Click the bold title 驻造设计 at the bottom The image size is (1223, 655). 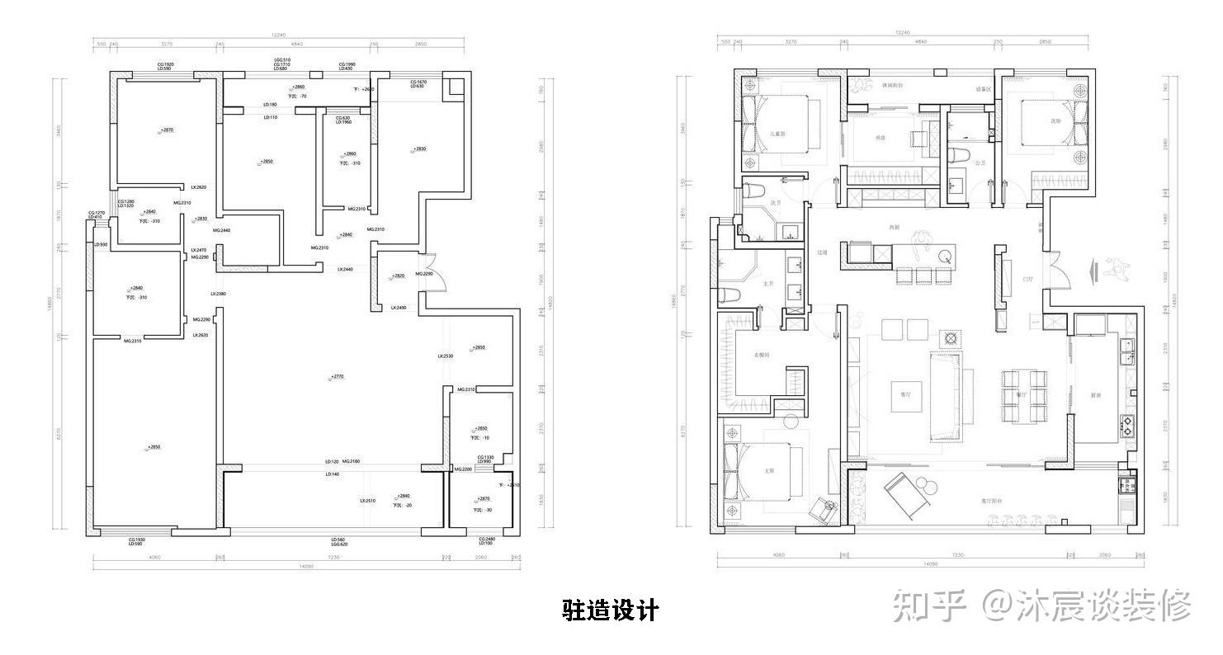tap(611, 610)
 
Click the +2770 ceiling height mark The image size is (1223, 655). tap(337, 376)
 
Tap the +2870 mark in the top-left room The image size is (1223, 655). tap(168, 130)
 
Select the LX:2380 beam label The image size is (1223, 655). tap(218, 294)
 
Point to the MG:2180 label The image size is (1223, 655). tap(352, 461)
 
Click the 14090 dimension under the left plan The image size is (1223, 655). tap(306, 567)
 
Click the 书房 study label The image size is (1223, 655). tap(880, 137)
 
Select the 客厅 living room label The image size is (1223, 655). tap(905, 394)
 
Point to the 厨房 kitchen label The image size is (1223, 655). tap(1096, 396)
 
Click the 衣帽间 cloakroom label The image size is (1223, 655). tap(762, 355)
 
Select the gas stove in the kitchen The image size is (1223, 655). tap(1126, 426)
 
